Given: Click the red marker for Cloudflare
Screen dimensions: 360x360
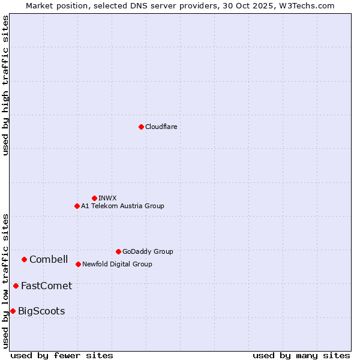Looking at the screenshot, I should pyautogui.click(x=141, y=127).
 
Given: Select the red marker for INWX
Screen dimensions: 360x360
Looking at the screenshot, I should pyautogui.click(x=94, y=198).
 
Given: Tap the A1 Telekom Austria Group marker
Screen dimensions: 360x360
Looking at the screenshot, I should pyautogui.click(x=77, y=206).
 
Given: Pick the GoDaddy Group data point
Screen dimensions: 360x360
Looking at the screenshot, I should pyautogui.click(x=118, y=251).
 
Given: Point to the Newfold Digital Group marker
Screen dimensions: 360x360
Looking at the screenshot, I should pyautogui.click(x=78, y=264).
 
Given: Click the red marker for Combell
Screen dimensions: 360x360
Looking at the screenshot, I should pyautogui.click(x=24, y=259).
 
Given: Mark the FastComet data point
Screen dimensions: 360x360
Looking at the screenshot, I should pyautogui.click(x=16, y=286).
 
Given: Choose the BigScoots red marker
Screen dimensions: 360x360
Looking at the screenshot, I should pyautogui.click(x=13, y=311).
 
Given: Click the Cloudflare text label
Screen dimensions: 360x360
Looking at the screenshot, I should pyautogui.click(x=161, y=127).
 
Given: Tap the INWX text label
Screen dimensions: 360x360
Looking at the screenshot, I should pyautogui.click(x=108, y=198).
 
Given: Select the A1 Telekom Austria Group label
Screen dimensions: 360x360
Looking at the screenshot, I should pyautogui.click(x=122, y=206).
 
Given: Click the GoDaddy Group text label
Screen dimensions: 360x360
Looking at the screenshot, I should pyautogui.click(x=148, y=251).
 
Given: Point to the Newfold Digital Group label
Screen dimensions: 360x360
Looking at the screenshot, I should pyautogui.click(x=117, y=264).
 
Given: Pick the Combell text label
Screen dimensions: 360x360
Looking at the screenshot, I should pyautogui.click(x=49, y=259).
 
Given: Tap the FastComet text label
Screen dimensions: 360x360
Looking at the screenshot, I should pyautogui.click(x=46, y=286).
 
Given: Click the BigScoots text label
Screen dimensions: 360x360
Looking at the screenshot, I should pyautogui.click(x=41, y=311).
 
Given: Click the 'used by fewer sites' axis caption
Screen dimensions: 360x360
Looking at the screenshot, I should pyautogui.click(x=62, y=355).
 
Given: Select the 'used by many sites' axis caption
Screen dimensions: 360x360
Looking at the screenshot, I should pyautogui.click(x=301, y=355).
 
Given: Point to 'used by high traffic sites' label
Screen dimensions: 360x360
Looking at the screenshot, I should pyautogui.click(x=5, y=85).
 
